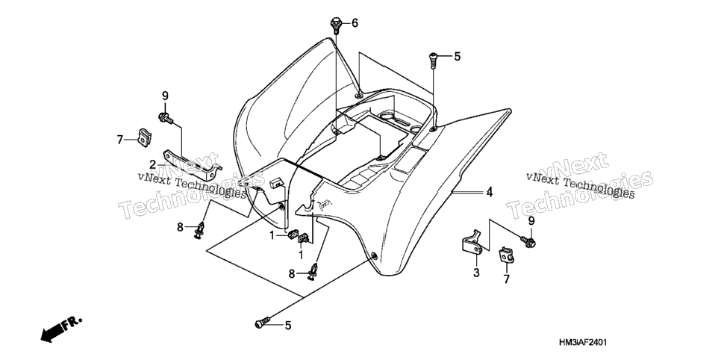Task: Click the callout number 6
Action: coord(355,22)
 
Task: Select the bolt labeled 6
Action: coord(336,25)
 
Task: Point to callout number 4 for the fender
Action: coord(490,192)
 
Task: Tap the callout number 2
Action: coord(153,164)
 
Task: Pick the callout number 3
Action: coord(476,273)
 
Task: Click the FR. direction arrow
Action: coord(60,329)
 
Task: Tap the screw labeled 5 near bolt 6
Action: coord(433,60)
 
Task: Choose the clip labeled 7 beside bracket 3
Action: coord(506,255)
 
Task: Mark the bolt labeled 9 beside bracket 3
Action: coord(528,240)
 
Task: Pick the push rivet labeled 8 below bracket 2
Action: coord(201,231)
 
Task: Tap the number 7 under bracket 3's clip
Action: coord(506,279)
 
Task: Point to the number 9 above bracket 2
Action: coord(165,96)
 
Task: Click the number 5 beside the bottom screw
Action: coord(288,326)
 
